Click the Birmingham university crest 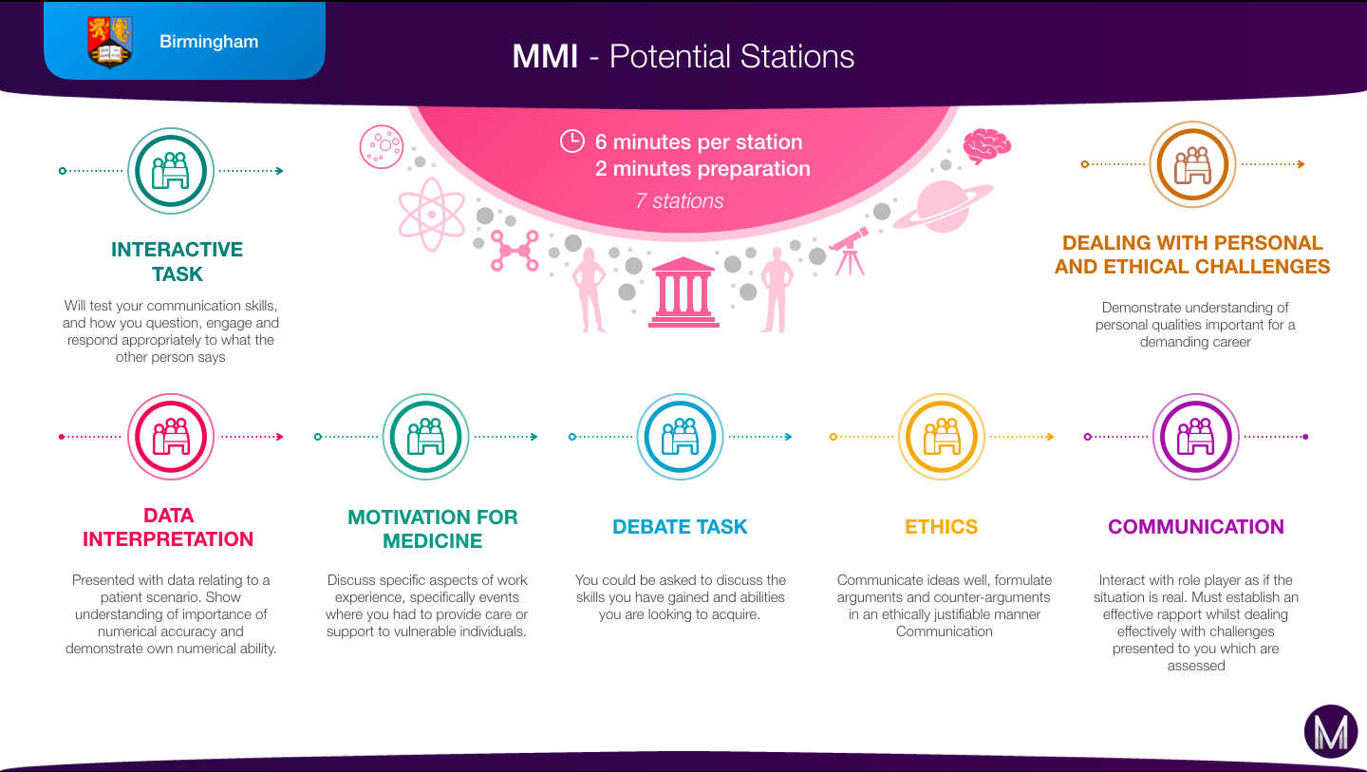[x=110, y=42]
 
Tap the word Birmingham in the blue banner [x=209, y=42]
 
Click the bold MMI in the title [x=545, y=56]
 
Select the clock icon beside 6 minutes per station [x=572, y=141]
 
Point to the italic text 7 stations [x=680, y=200]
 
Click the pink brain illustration [x=987, y=146]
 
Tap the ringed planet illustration [x=943, y=206]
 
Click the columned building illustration [x=683, y=292]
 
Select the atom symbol [x=431, y=215]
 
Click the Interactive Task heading [x=177, y=262]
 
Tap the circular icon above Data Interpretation [x=171, y=437]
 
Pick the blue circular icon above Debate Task [x=680, y=437]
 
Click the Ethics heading [x=941, y=527]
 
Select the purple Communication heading [x=1195, y=527]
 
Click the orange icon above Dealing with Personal [x=1192, y=164]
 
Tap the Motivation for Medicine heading [x=433, y=529]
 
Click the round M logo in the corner [x=1331, y=731]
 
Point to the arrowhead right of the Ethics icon [x=1050, y=437]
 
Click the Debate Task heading [x=680, y=527]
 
